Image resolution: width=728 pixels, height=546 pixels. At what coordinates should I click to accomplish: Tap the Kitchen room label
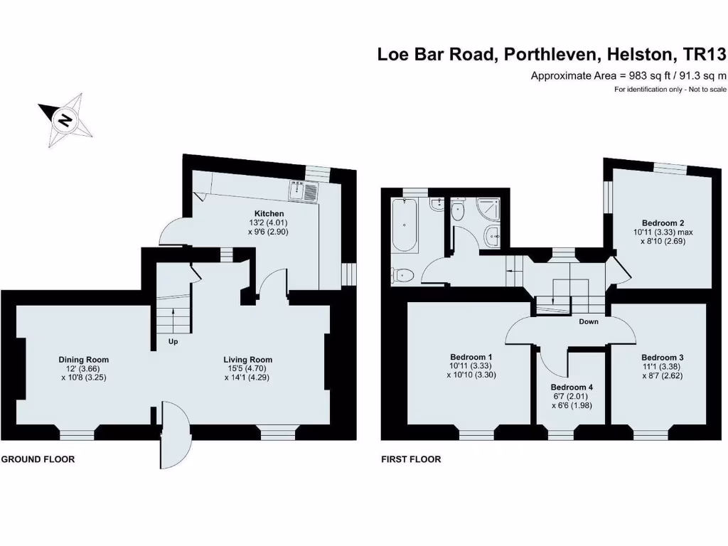269,213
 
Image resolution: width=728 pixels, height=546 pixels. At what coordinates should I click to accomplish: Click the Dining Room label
84,360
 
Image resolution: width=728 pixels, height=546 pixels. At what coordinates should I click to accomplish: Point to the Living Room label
248,360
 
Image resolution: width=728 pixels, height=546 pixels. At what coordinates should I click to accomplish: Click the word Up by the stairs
173,342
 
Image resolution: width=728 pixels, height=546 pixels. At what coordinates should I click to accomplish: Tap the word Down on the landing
588,322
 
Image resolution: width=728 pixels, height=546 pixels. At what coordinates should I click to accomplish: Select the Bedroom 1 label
471,357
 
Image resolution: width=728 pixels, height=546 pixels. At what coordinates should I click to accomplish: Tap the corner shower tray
488,210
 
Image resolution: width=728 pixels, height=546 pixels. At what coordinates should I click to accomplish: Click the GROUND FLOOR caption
38,459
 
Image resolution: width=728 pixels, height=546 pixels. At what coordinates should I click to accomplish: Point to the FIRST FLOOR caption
411,459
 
